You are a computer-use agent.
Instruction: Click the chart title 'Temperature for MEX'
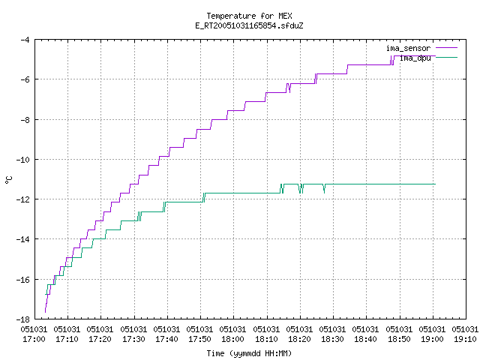click(249, 16)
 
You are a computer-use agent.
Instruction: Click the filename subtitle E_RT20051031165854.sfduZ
click(249, 25)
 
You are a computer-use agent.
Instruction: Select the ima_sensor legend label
click(408, 48)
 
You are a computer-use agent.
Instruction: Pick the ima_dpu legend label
click(415, 58)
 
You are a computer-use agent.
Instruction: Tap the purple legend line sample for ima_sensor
click(446, 48)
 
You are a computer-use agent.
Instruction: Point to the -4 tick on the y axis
click(25, 40)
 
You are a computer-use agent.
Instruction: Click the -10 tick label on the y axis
click(22, 160)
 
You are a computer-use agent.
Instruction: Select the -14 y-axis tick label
click(22, 239)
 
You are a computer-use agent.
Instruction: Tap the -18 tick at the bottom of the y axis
click(22, 319)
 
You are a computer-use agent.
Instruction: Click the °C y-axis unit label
click(8, 179)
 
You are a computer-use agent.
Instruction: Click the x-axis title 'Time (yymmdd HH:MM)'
click(249, 353)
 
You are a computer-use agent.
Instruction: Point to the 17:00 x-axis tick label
click(34, 339)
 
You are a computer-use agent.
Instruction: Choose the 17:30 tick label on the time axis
click(133, 339)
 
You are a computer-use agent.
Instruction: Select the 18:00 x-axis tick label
click(232, 339)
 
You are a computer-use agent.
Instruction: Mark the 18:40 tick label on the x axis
click(365, 339)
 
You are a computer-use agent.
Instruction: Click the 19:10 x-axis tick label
click(465, 339)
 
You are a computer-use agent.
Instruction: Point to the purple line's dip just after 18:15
click(289, 91)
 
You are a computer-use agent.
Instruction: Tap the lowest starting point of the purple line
click(45, 312)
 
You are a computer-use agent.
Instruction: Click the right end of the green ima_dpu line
click(435, 184)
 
